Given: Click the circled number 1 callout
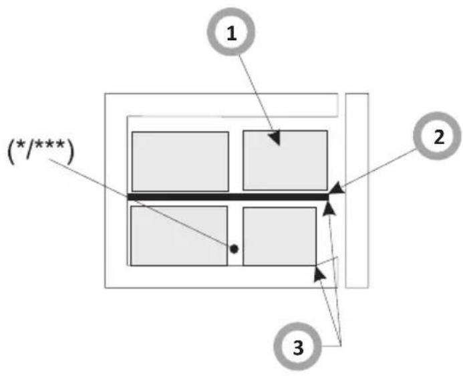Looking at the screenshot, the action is click(x=231, y=31).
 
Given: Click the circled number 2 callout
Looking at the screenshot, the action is click(x=437, y=136).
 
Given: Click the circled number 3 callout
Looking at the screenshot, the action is click(x=297, y=346).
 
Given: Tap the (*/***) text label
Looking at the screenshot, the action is click(x=41, y=151).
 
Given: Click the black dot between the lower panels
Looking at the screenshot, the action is click(x=234, y=249).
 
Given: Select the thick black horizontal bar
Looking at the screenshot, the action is click(x=228, y=197).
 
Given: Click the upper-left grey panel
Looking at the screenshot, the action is click(x=180, y=162).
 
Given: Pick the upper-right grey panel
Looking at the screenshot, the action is click(x=285, y=160).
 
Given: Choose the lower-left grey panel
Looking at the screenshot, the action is click(x=179, y=236).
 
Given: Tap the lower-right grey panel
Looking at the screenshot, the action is click(x=280, y=236).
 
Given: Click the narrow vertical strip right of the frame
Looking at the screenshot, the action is click(x=357, y=191).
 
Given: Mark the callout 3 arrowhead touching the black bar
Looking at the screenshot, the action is click(x=329, y=208).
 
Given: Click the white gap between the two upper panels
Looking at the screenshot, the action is click(x=236, y=161).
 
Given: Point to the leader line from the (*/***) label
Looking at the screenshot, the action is click(x=140, y=203).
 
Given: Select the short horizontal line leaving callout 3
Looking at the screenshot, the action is click(x=331, y=345).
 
